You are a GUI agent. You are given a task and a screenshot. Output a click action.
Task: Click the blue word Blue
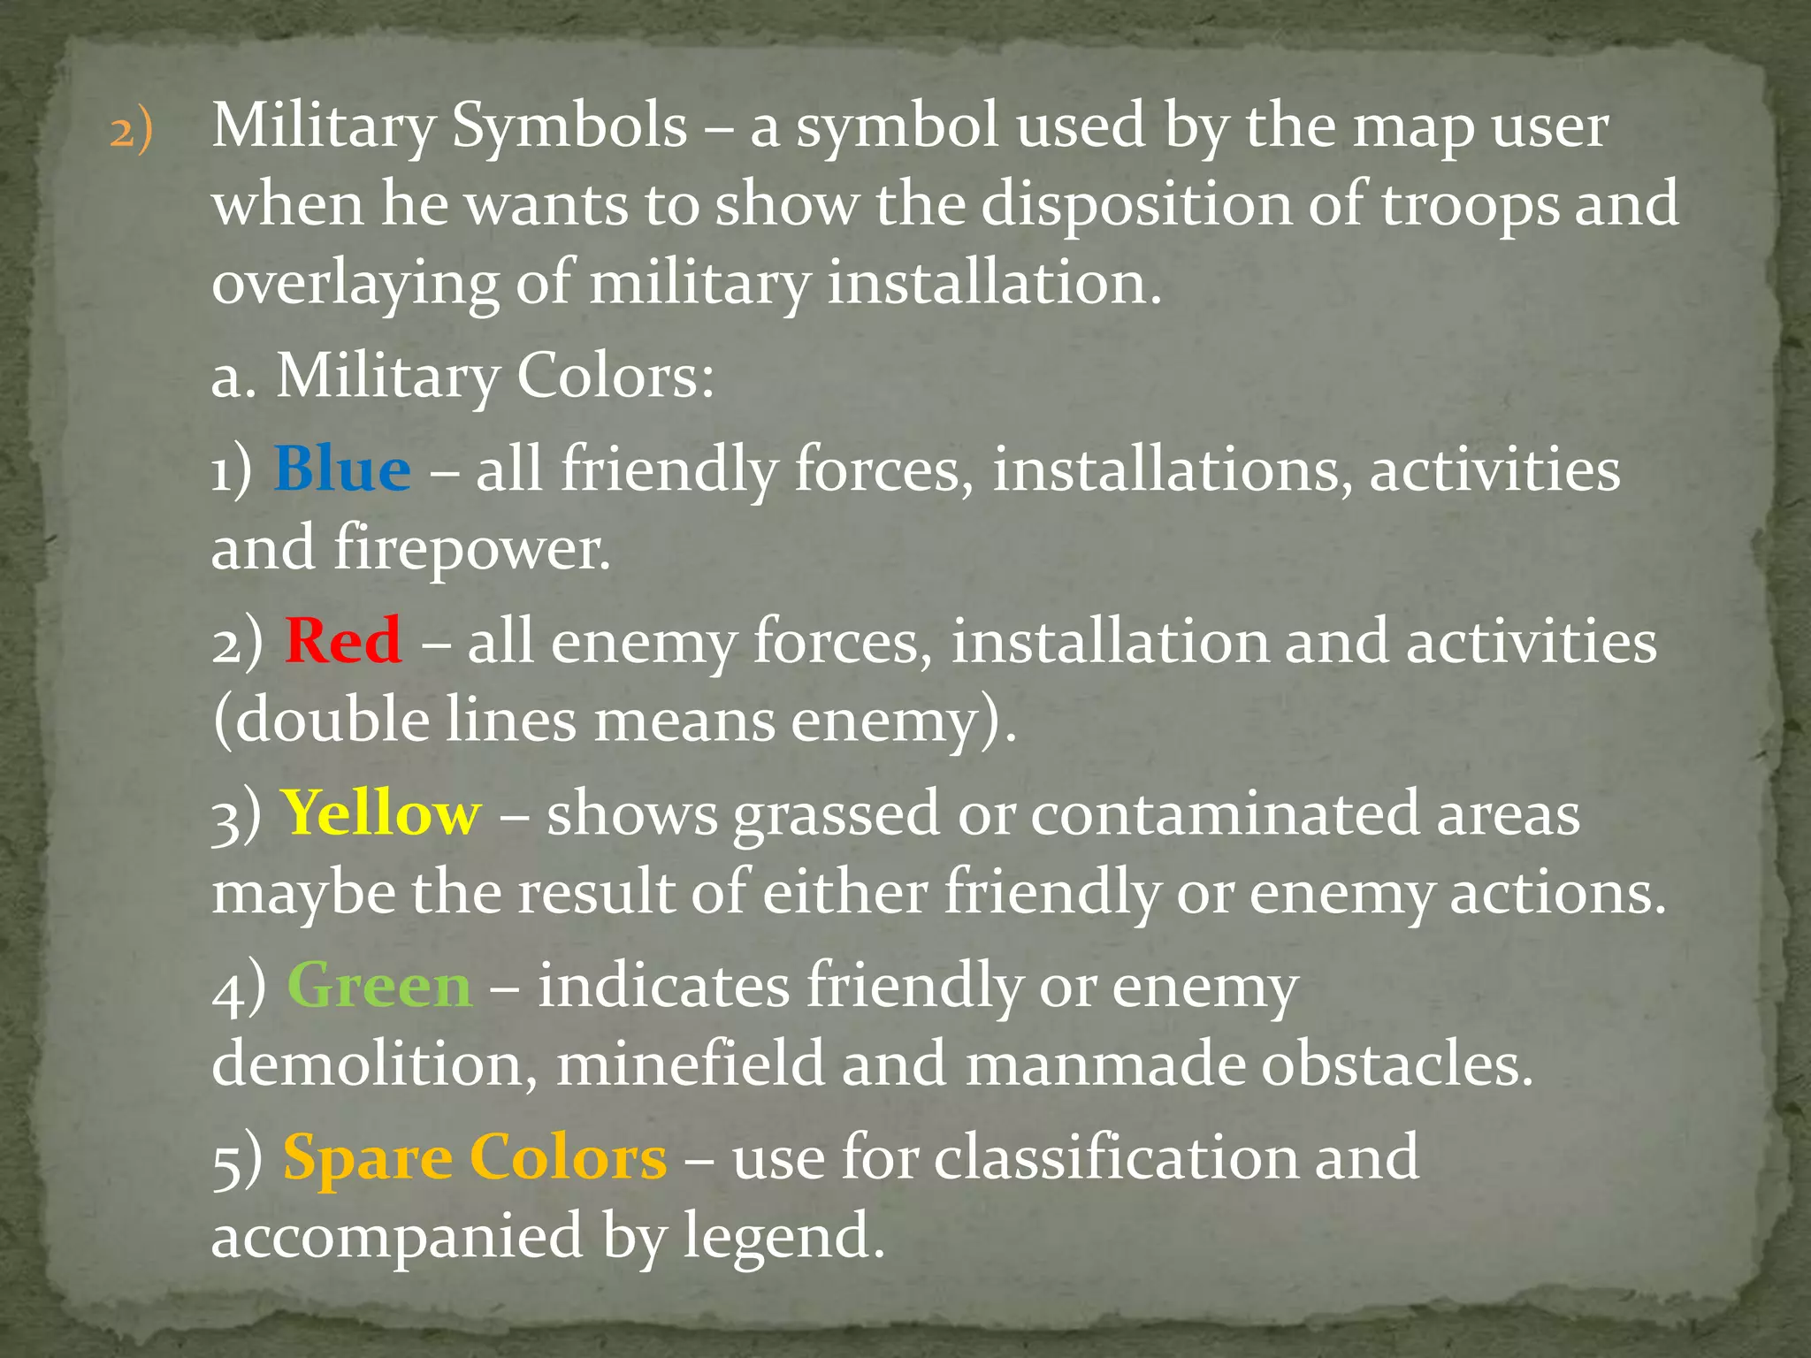341,469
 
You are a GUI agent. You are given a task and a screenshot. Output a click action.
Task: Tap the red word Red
342,640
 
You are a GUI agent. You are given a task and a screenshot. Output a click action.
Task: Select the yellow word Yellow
381,813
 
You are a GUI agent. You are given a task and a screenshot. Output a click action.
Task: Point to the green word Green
378,985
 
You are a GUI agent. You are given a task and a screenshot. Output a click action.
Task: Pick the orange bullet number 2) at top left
131,131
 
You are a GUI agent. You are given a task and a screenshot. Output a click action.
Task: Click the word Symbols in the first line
569,126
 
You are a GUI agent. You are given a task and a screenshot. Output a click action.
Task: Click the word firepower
472,547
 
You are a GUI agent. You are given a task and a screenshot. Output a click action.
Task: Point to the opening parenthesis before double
222,720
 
